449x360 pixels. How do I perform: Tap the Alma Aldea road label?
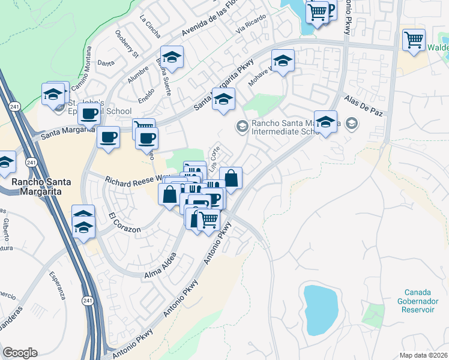(160, 266)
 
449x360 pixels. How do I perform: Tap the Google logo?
(20, 353)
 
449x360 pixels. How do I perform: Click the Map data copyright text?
(423, 355)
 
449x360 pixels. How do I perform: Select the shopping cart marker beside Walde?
(414, 40)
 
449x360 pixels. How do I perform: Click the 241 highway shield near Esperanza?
(88, 302)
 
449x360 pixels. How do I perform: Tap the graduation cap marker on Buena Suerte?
(172, 58)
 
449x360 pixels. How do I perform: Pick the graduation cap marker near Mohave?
(283, 61)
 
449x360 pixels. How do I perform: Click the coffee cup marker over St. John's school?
(89, 113)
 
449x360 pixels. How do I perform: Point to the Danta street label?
(106, 62)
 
